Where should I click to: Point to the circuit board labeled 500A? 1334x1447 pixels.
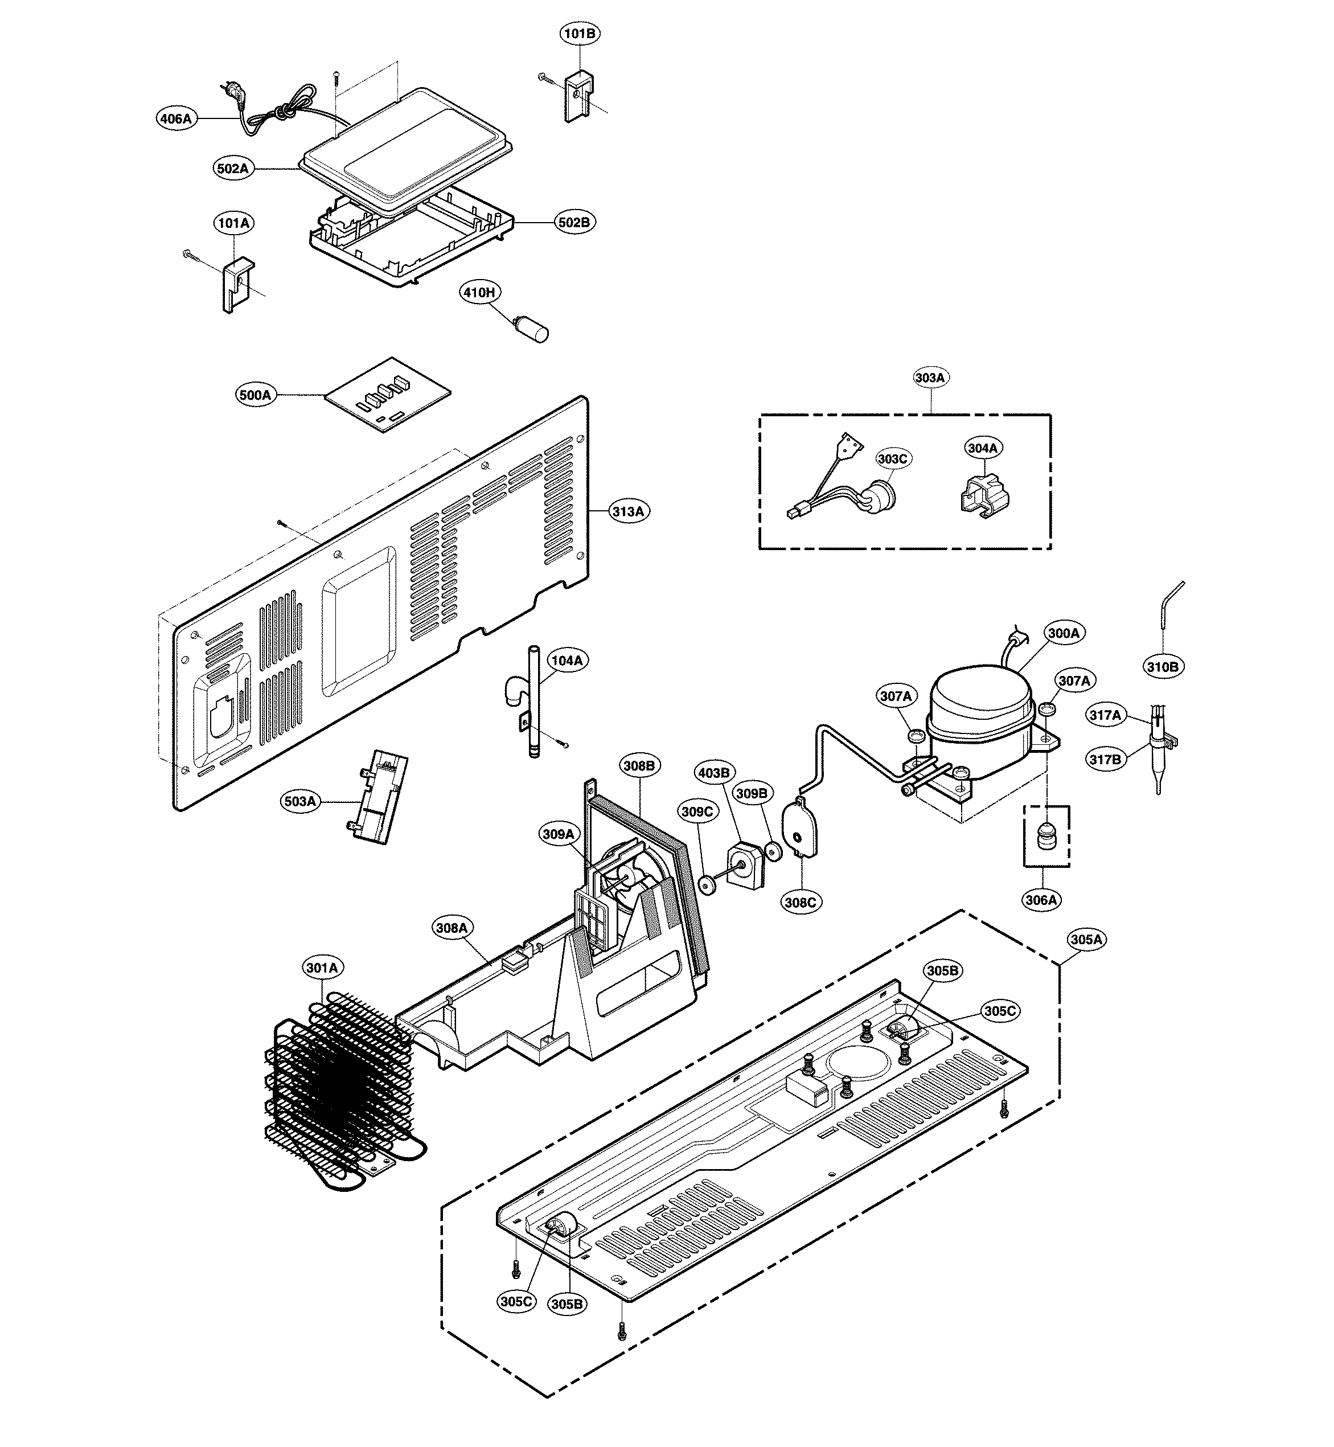point(388,394)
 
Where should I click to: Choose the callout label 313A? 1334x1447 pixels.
point(629,511)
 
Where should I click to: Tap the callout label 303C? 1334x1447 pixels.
point(893,458)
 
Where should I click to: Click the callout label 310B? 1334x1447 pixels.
point(1163,666)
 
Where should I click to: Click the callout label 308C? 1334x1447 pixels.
point(801,902)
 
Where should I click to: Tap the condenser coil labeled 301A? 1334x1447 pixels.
point(339,1083)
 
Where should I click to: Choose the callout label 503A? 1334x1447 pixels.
point(300,801)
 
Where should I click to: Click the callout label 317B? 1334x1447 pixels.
point(1105,760)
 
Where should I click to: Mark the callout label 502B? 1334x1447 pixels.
point(574,223)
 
